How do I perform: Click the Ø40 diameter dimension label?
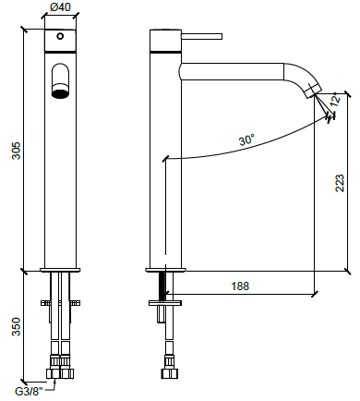pyautogui.click(x=60, y=6)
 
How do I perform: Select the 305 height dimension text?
pyautogui.click(x=16, y=151)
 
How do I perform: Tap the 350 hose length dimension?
pyautogui.click(x=16, y=326)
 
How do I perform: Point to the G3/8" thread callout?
pyautogui.click(x=30, y=392)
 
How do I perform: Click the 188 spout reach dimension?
pyautogui.click(x=240, y=286)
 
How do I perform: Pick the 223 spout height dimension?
pyautogui.click(x=340, y=183)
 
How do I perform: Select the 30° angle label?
pyautogui.click(x=246, y=140)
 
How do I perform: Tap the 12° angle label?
pyautogui.click(x=335, y=99)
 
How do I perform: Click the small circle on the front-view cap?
pyautogui.click(x=60, y=36)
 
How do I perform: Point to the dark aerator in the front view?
pyautogui.click(x=60, y=93)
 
